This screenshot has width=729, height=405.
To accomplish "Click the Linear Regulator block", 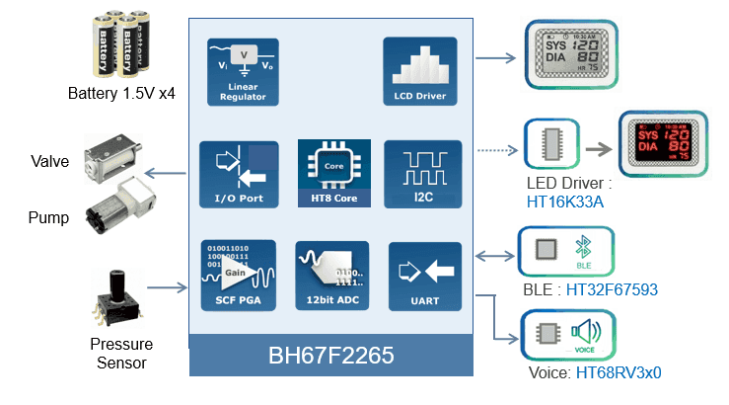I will [242, 72].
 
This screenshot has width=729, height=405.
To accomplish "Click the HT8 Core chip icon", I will [332, 167].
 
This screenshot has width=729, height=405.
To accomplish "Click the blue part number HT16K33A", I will [565, 202].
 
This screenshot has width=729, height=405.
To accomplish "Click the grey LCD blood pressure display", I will [567, 52].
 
